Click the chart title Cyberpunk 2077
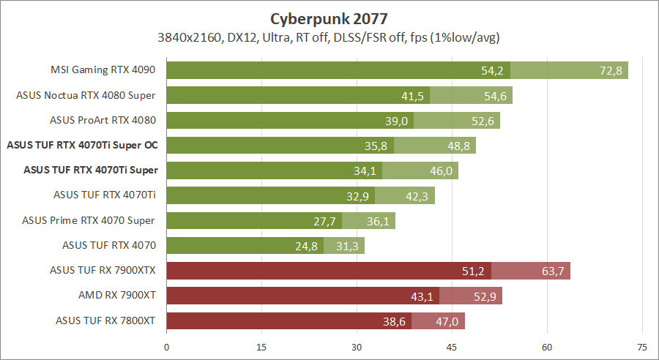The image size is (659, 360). tap(329, 18)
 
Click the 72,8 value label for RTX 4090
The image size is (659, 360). tap(609, 71)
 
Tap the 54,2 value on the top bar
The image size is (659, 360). tap(492, 71)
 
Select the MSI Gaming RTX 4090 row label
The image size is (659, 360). tap(104, 71)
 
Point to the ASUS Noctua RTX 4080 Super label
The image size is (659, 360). tap(86, 95)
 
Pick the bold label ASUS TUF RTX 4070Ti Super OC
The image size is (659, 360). tap(82, 146)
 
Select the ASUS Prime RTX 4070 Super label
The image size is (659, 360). tap(89, 220)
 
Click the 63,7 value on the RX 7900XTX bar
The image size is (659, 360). tap(552, 271)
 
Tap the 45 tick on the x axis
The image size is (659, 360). tap(452, 347)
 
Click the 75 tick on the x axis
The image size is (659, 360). tap(641, 347)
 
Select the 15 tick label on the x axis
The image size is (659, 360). tap(261, 347)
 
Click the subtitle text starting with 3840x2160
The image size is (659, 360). tap(328, 37)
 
